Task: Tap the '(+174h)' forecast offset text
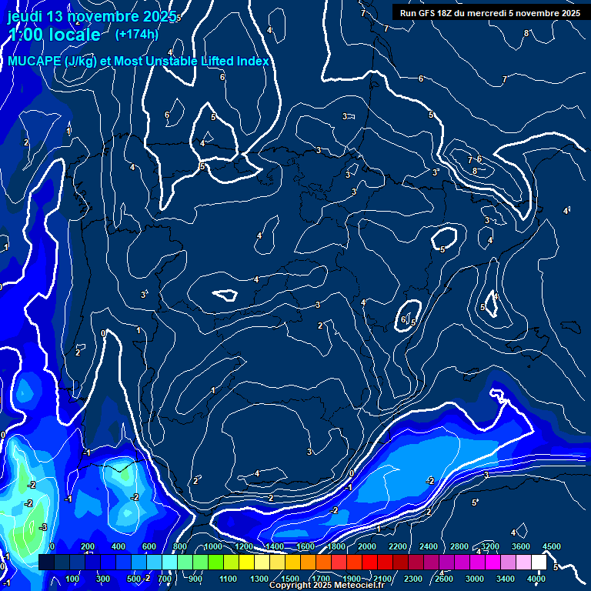[x=136, y=34]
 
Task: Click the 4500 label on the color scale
[x=552, y=546]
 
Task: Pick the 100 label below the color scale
[x=73, y=579]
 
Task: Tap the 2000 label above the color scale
[x=366, y=546]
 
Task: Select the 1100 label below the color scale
[x=228, y=579]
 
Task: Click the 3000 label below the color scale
[x=474, y=579]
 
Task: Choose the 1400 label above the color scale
[x=274, y=546]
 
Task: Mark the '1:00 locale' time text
[x=54, y=35]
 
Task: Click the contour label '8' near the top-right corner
[x=526, y=33]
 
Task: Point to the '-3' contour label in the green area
[x=43, y=527]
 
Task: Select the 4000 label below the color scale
[x=536, y=579]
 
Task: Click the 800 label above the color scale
[x=181, y=546]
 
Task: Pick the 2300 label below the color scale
[x=412, y=579]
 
